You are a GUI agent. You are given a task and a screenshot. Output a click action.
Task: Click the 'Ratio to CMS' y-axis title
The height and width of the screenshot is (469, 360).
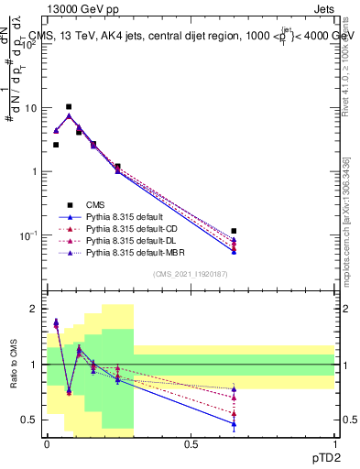(x=14, y=364)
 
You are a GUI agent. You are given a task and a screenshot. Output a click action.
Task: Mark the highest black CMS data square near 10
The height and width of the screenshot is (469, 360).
(x=69, y=107)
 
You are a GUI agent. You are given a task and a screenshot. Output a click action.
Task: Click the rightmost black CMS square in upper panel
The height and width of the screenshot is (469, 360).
(x=235, y=231)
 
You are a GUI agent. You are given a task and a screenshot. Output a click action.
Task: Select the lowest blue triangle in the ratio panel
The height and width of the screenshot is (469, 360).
(x=235, y=424)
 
